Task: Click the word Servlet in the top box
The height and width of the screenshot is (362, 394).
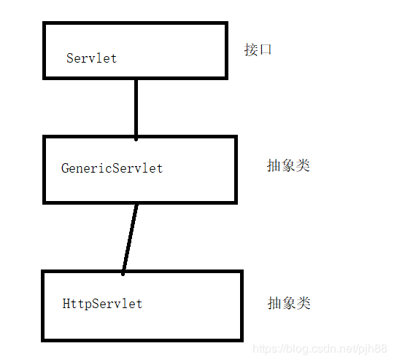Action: click(92, 58)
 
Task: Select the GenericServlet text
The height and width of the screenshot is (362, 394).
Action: click(112, 168)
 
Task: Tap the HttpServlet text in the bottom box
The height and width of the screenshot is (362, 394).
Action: click(102, 304)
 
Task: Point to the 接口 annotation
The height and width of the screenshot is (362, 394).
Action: click(258, 50)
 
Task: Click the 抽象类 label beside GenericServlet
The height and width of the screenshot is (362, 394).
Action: click(288, 165)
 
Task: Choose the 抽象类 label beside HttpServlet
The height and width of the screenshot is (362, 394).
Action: click(289, 303)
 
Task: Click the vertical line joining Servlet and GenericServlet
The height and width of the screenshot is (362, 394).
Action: click(136, 110)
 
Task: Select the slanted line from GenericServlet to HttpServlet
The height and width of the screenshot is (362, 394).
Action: click(130, 240)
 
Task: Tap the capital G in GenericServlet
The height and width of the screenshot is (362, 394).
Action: click(65, 168)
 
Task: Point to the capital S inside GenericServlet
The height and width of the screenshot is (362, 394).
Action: click(116, 168)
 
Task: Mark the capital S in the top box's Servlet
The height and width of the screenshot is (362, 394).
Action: click(70, 58)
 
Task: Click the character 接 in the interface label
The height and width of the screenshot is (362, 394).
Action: click(251, 50)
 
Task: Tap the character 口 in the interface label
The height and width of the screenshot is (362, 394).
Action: click(266, 50)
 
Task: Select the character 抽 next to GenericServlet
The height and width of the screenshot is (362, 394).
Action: click(274, 165)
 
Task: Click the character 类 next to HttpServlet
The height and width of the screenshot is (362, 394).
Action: click(304, 303)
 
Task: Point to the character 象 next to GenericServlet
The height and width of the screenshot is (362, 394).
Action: click(288, 165)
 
